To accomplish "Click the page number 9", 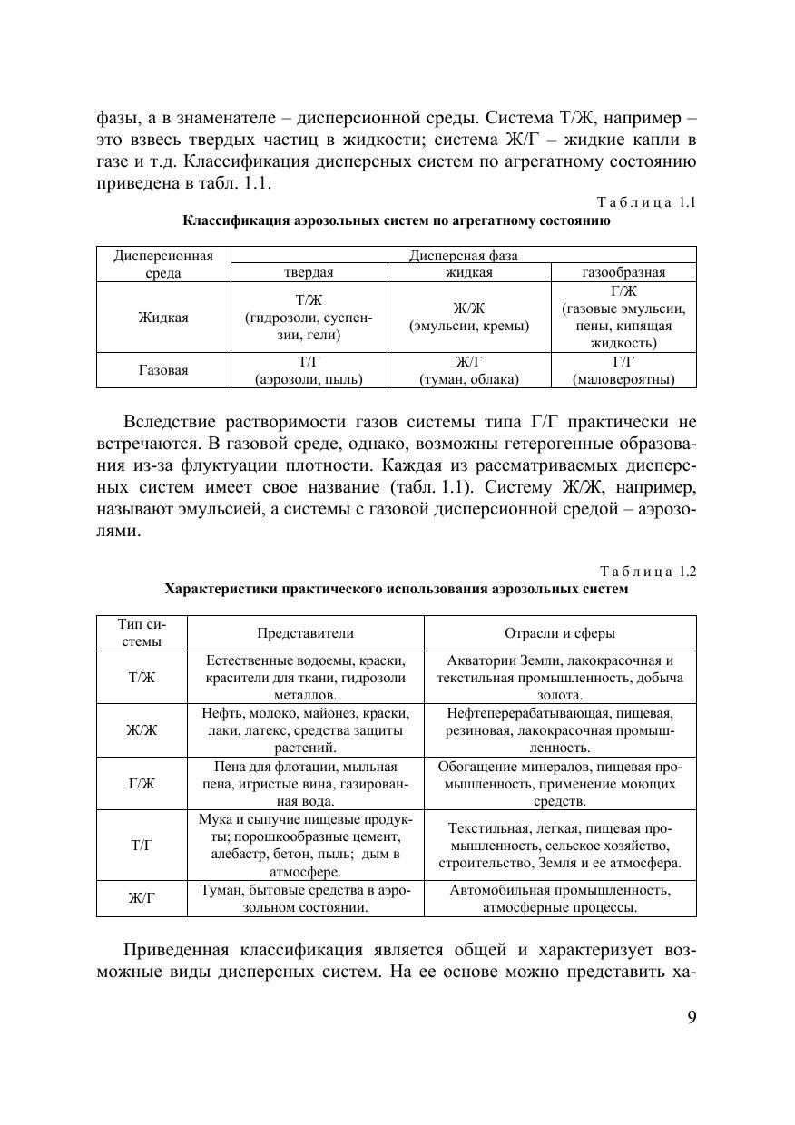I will click(692, 1016).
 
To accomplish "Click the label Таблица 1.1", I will click(645, 202).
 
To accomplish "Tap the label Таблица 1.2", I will click(646, 572).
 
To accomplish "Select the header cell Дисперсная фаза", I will click(464, 256).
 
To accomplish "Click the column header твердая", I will click(309, 272).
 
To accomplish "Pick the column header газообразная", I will click(623, 272).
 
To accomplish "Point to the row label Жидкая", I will click(163, 317).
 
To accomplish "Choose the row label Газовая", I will click(163, 370).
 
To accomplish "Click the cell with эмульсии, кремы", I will click(468, 317).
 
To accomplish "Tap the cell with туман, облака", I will click(468, 370).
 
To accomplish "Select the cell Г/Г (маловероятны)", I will click(623, 370).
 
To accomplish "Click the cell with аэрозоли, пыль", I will click(309, 370).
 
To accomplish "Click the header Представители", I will click(305, 633).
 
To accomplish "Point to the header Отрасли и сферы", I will click(559, 633).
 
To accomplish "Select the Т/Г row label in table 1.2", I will click(142, 845).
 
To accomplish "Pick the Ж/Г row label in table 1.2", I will click(142, 898).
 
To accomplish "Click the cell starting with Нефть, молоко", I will click(305, 730).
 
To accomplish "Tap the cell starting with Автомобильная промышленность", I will click(559, 898).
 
